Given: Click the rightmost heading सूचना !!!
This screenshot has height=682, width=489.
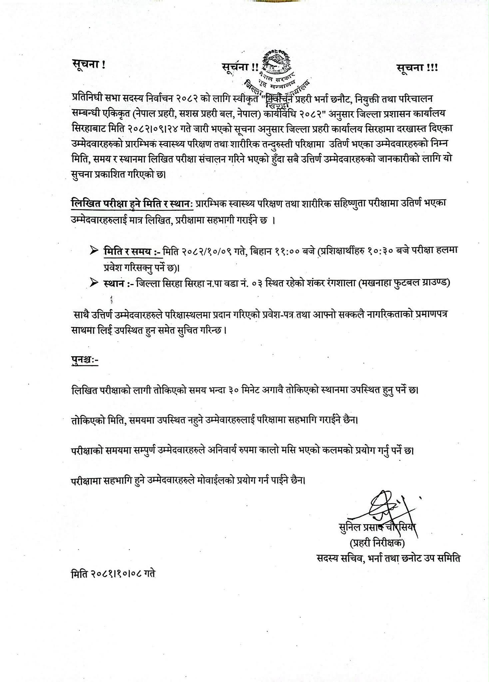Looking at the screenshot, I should coord(417,68).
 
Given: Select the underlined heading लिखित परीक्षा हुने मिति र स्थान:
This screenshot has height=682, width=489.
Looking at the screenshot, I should coord(132,203).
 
